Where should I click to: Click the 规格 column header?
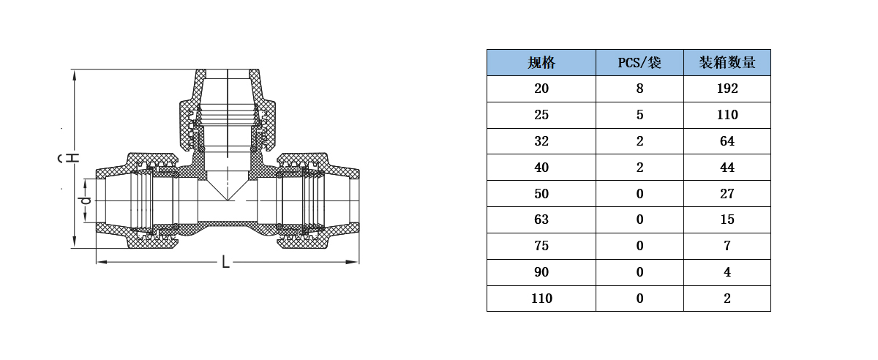(x=541, y=63)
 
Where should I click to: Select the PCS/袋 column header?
(x=639, y=63)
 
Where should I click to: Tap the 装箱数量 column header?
(x=727, y=63)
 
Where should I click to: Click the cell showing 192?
(x=727, y=89)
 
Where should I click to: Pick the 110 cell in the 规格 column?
(x=541, y=299)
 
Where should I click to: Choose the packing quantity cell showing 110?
(x=727, y=115)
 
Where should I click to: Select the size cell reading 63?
(x=541, y=220)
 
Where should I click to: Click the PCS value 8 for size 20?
(x=639, y=89)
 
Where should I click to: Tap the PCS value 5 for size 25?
(x=639, y=115)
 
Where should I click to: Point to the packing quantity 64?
(x=727, y=141)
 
